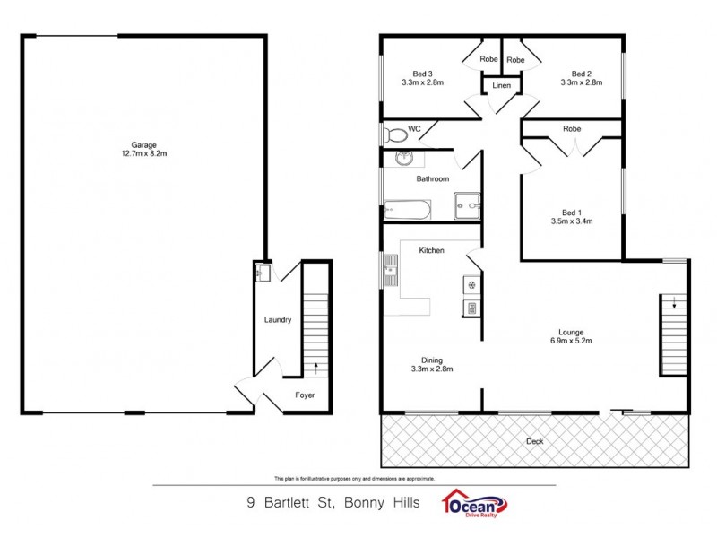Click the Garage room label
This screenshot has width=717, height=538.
pos(143,144)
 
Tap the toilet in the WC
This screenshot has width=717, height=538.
pos(392,135)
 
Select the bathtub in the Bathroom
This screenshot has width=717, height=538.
pos(408,211)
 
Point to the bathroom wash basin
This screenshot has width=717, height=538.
pos(403,160)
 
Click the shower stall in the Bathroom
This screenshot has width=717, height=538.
pos(466,205)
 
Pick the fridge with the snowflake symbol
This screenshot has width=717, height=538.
pos(470,285)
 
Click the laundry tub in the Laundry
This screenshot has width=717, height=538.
pos(263,271)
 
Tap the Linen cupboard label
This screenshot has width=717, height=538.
pos(501,86)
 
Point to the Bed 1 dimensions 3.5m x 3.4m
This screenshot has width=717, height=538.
pos(573,221)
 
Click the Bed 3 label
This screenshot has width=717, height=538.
pos(423,74)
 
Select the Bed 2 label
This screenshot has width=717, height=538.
pos(582,74)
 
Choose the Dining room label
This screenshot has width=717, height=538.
pos(432,360)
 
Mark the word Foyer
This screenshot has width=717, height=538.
pos(305,395)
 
